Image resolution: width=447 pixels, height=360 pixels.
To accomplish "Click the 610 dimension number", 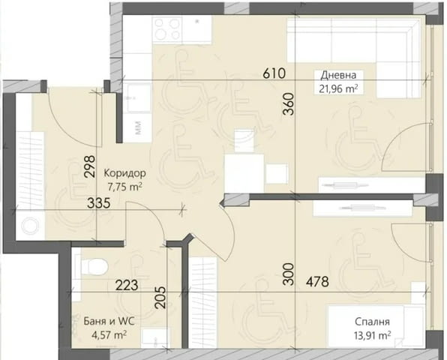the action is (x=274, y=73).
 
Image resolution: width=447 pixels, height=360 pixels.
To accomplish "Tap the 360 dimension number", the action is (x=289, y=104).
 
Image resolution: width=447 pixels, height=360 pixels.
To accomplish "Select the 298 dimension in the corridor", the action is (x=90, y=166).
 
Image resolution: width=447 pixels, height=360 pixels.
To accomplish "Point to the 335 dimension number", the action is (x=99, y=203).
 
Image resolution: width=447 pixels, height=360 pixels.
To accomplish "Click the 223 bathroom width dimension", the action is (x=127, y=285).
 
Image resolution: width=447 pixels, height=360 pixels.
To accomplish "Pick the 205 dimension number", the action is (x=160, y=298).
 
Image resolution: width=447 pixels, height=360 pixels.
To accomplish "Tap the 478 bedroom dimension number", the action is (x=317, y=282).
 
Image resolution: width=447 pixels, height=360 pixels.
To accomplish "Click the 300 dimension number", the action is (x=289, y=274).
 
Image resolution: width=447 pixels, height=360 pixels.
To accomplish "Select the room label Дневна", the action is (x=338, y=75).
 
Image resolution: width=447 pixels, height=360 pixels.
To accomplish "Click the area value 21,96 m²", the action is (x=338, y=89).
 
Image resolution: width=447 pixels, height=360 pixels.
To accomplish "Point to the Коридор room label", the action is (x=124, y=173).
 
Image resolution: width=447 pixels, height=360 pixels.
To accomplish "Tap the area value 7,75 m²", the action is (x=124, y=187).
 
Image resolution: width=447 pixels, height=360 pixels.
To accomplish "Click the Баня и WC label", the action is (x=109, y=322).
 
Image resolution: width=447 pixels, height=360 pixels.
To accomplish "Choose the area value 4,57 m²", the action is (x=109, y=334).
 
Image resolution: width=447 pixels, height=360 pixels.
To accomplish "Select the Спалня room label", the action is (x=372, y=322).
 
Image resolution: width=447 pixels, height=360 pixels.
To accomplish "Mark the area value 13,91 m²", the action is (x=372, y=335).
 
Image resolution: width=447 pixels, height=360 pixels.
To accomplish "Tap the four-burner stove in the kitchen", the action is (x=167, y=28).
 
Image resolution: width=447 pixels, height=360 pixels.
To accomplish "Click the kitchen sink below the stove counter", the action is (x=138, y=98).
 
